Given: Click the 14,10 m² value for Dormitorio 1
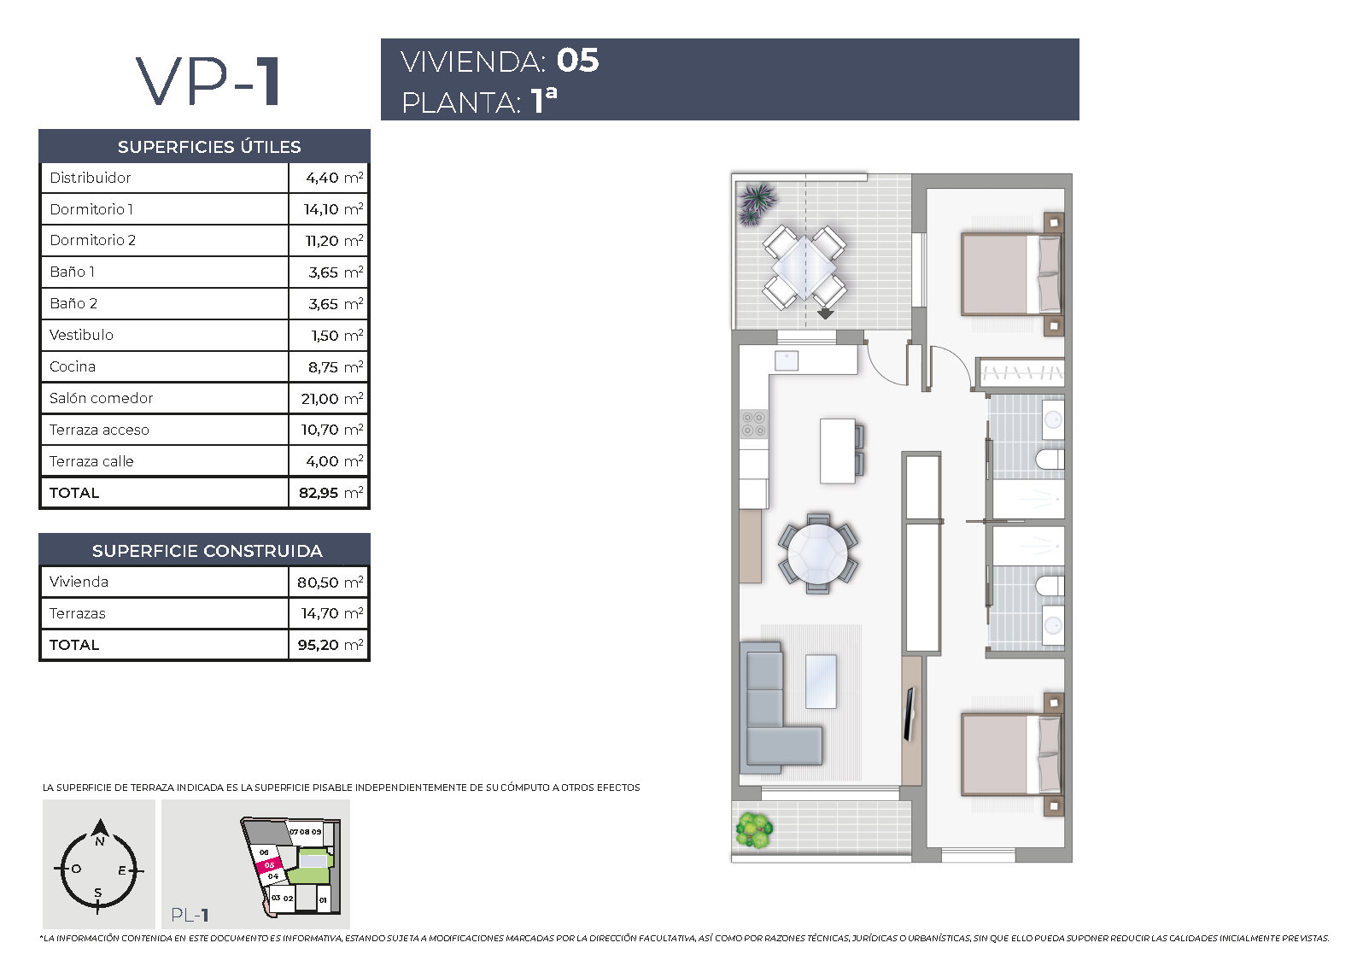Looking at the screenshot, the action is [x=333, y=209].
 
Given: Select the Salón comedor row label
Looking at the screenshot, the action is [x=101, y=398].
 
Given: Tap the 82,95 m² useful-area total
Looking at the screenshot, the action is [x=331, y=493].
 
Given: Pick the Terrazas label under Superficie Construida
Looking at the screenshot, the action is [x=78, y=613].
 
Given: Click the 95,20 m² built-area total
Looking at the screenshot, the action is [x=330, y=644].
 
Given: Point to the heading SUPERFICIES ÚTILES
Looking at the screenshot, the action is [x=209, y=147].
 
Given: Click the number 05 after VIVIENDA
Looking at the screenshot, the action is [x=577, y=61].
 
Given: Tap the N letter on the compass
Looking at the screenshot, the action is [x=100, y=841].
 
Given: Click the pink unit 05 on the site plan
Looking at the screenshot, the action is [x=268, y=865].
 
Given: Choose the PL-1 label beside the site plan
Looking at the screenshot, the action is [x=190, y=915].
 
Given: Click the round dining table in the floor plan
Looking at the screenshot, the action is [x=818, y=553].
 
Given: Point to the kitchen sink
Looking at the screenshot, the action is [x=786, y=360].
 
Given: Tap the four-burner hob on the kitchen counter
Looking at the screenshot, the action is [x=753, y=425].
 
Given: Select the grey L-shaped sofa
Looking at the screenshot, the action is [x=781, y=703].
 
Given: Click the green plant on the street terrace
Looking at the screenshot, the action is [x=755, y=830].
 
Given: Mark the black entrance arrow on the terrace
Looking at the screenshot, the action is [x=826, y=313].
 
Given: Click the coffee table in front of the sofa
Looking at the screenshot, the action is [x=821, y=681].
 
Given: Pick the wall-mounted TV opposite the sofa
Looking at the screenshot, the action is [x=910, y=713].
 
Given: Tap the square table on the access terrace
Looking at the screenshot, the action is [x=804, y=267].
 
